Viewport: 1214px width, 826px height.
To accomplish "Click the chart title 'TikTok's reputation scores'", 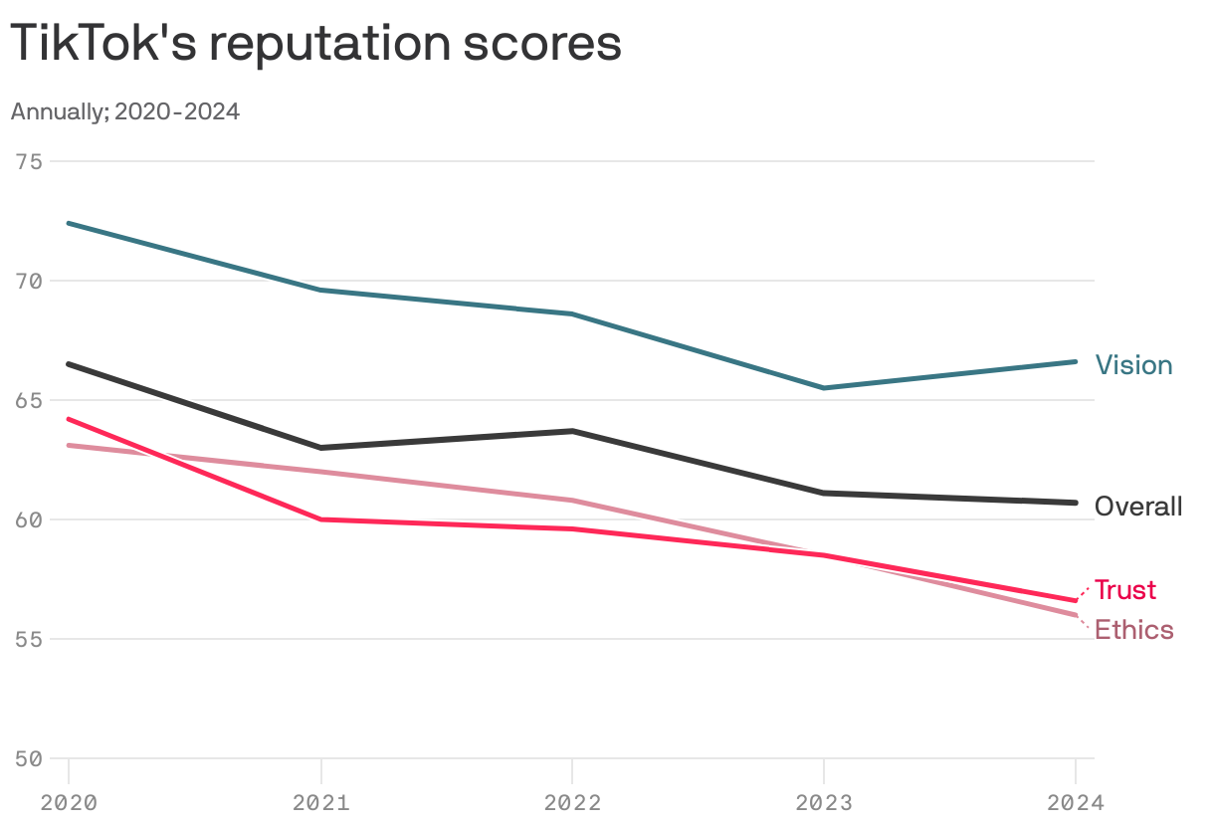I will point(315,45).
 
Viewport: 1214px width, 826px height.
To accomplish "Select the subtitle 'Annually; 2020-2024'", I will point(125,111).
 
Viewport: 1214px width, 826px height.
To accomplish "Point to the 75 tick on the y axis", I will point(29,161).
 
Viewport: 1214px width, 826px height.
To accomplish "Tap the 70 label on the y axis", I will point(29,281).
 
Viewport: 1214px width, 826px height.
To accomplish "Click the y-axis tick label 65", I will point(29,400).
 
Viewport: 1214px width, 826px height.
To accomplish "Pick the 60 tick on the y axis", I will point(29,519).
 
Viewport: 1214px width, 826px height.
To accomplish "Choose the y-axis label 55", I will point(29,639).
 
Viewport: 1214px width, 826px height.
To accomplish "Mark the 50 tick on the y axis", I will point(29,758).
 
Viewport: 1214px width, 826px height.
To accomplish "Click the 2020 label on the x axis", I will point(69,802).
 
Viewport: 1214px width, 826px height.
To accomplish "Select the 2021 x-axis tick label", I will point(320,802).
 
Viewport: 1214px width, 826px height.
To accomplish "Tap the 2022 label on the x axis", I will point(572,802).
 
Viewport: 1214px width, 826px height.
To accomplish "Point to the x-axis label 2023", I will point(824,802).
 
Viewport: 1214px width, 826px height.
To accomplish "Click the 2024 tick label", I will point(1075,802).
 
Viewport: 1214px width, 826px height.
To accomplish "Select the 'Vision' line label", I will point(1133,365).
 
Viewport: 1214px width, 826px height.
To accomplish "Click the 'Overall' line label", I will point(1138,507).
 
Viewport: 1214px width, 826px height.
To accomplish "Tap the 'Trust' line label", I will point(1125,590).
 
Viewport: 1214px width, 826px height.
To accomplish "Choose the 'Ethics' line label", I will point(1133,630).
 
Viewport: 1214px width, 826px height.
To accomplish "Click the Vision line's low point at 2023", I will point(824,388).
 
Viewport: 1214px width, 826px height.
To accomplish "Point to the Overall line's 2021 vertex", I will point(320,448).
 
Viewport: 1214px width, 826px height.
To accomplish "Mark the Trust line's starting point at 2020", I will point(69,419).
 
